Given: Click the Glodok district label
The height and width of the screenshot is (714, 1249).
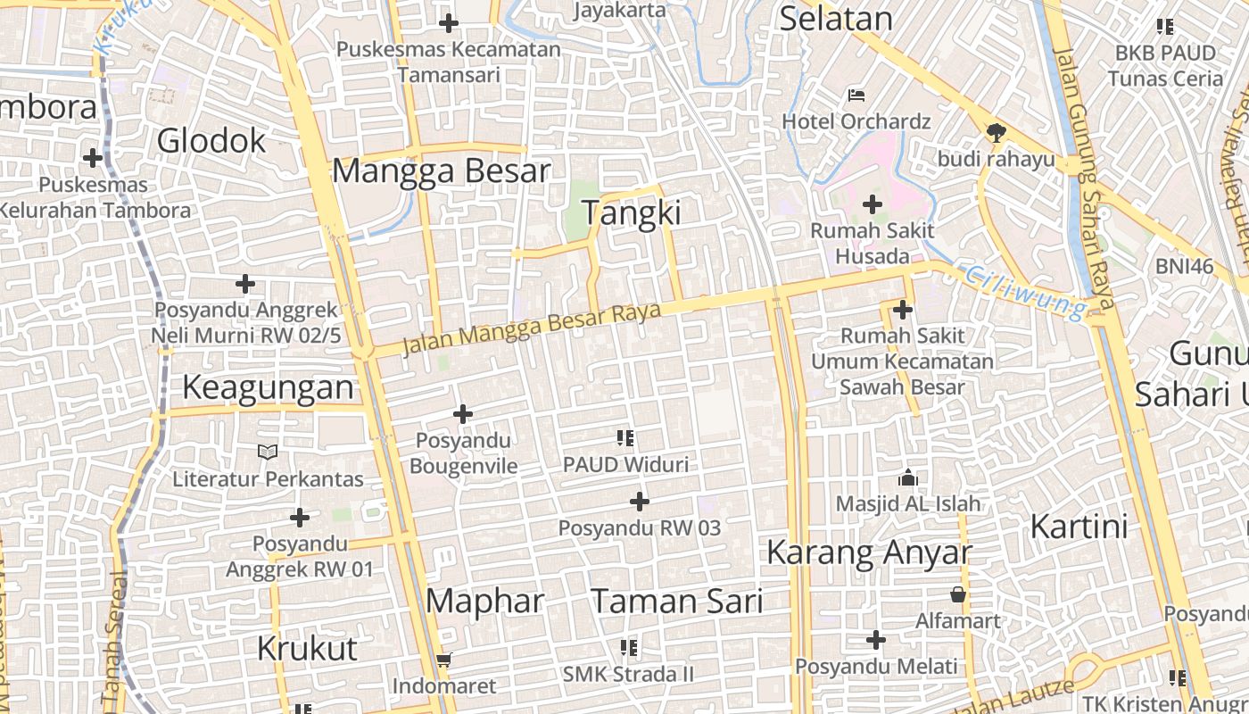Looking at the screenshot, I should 211,141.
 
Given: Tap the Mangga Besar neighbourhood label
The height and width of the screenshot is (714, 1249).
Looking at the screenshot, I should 441,170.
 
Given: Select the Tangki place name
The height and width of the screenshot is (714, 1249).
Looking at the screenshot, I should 631,213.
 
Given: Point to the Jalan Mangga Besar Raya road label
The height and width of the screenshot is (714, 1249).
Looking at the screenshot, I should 532,328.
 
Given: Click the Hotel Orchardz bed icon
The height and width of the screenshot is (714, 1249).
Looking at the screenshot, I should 856,95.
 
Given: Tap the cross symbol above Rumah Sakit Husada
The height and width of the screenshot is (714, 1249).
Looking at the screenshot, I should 873,205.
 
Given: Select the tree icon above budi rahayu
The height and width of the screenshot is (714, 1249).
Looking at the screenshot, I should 996,133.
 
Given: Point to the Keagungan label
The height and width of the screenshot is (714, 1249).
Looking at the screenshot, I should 269,387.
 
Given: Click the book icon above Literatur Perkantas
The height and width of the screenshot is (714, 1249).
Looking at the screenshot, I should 268,452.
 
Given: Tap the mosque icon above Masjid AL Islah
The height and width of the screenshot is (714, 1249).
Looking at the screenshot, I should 908,477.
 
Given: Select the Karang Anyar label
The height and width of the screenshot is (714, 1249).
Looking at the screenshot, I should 868,552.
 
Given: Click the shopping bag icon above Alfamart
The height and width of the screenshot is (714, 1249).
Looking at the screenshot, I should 958,594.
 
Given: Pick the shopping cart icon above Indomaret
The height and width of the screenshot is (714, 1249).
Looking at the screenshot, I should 443,660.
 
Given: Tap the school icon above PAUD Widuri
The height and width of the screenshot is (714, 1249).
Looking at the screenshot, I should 625,438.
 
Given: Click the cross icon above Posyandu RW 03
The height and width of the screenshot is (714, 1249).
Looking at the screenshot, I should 640,502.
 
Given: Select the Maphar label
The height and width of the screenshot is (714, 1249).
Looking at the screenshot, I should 484,601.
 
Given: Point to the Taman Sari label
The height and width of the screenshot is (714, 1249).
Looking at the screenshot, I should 677,602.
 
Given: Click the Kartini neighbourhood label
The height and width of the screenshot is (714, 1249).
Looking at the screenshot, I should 1079,527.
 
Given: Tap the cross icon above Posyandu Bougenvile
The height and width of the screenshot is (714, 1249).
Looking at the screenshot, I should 463,414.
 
